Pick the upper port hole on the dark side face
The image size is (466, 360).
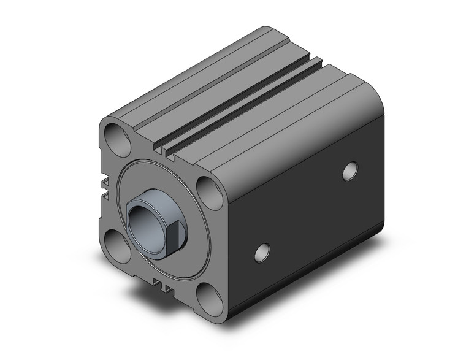pos(349,171)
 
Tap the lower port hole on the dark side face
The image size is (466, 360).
pos(262,251)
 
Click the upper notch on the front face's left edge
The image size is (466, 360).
pos(105,182)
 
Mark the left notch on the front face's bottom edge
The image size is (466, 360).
pos(157,284)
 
